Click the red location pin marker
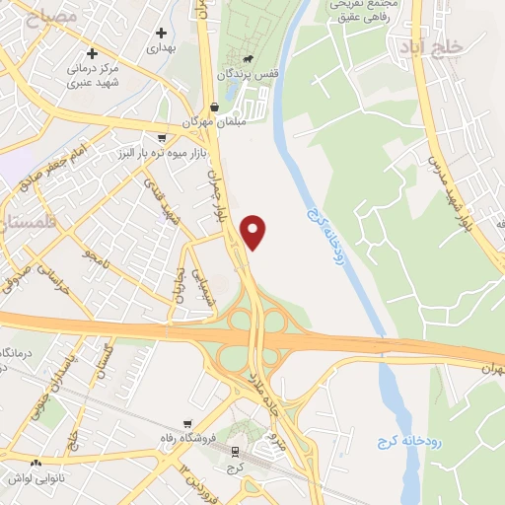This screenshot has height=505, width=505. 254,232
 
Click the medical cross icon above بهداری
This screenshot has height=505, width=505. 160,33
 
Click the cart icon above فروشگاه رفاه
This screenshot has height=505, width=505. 179,421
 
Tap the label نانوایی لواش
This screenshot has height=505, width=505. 36,477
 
